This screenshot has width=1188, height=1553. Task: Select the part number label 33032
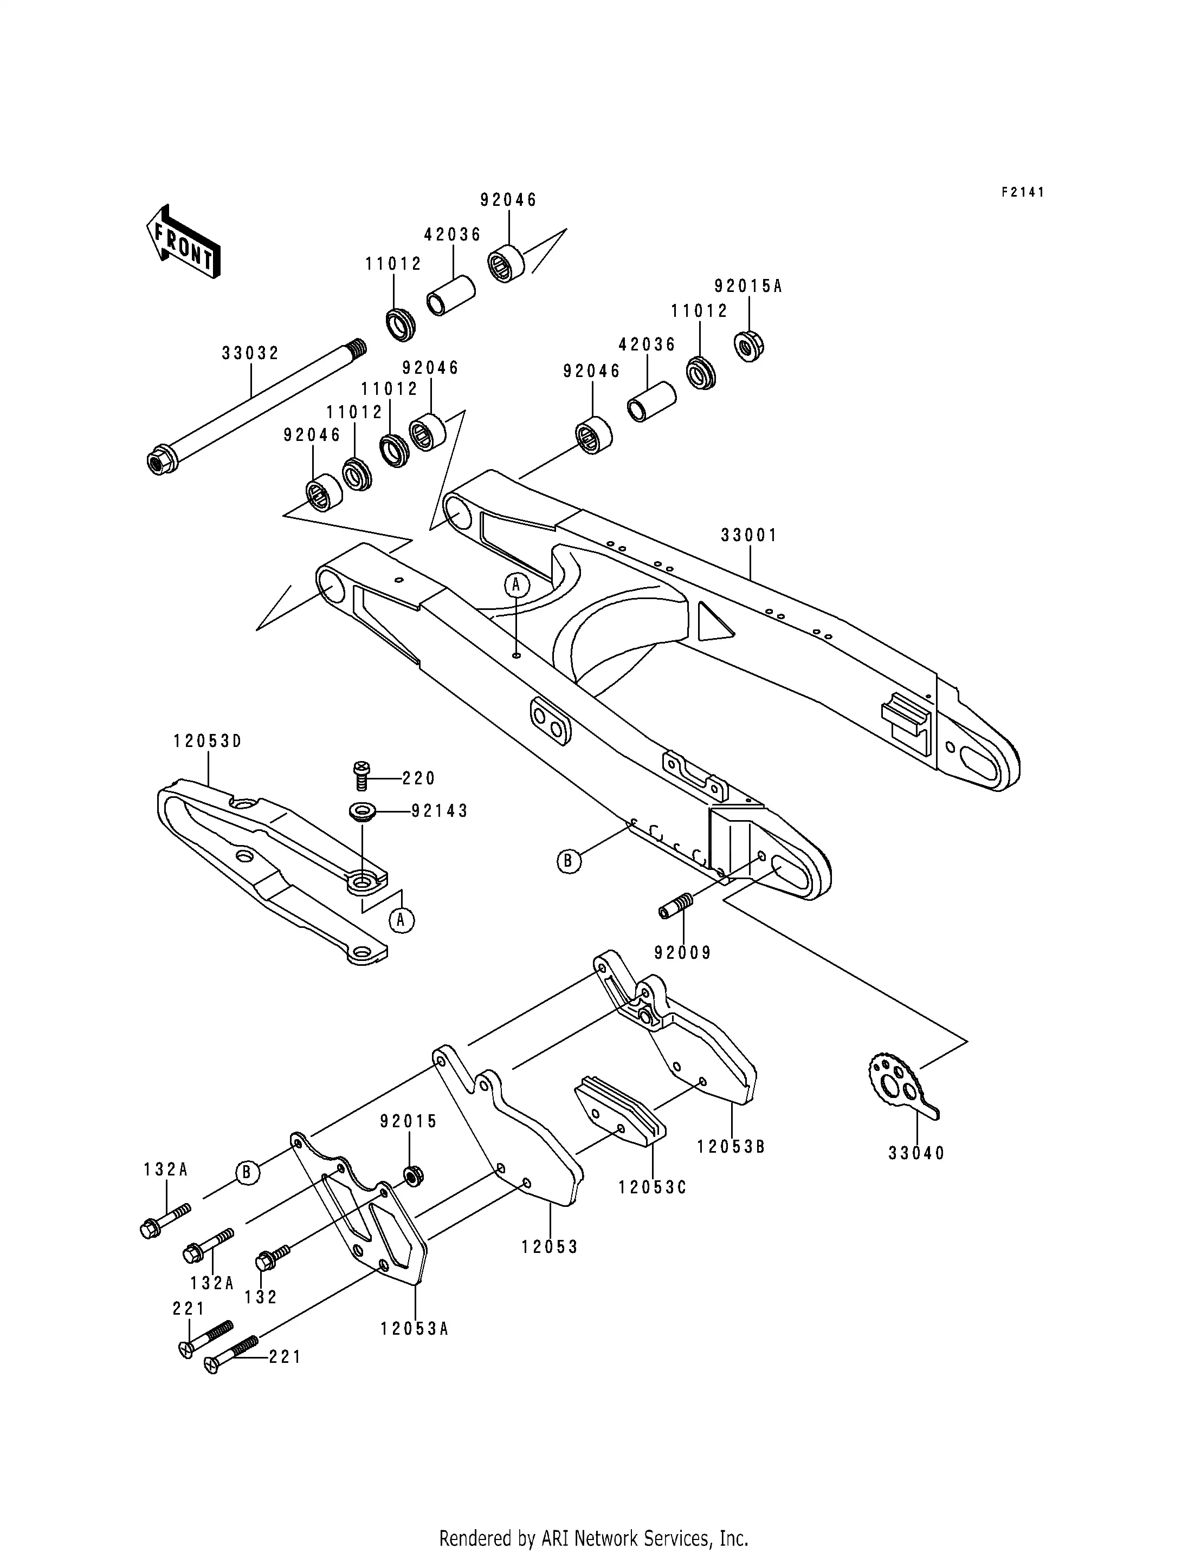click(x=250, y=353)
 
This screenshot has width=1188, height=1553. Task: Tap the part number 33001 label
click(x=749, y=536)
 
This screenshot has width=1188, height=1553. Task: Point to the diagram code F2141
click(x=1023, y=192)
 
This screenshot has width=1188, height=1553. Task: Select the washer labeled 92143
click(x=362, y=811)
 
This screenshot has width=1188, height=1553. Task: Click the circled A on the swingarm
click(x=516, y=584)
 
